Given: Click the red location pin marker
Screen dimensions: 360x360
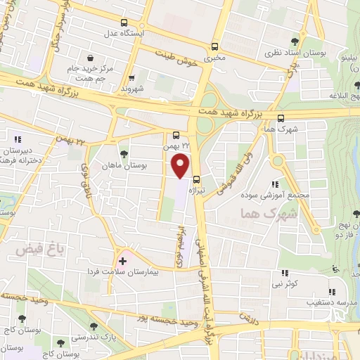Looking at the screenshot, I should pyautogui.click(x=181, y=165).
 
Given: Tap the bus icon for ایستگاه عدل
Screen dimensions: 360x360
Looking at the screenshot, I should pyautogui.click(x=124, y=22).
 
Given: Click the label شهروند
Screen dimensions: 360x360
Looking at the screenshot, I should pyautogui.click(x=131, y=90).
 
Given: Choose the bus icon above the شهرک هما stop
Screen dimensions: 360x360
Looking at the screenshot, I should pyautogui.click(x=281, y=118).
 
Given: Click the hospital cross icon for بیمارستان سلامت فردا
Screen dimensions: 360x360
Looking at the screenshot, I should pyautogui.click(x=122, y=262).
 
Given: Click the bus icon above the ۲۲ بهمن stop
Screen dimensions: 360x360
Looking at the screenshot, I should pyautogui.click(x=175, y=135).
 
